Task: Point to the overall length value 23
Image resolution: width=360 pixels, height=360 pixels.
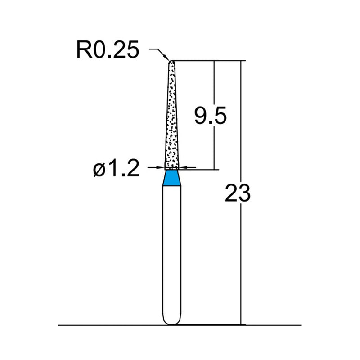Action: (x=237, y=194)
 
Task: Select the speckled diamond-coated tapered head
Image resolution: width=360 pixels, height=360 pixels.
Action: (x=171, y=117)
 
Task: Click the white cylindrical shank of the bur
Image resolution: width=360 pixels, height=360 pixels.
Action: (x=171, y=252)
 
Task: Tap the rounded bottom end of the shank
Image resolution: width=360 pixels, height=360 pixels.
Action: (x=171, y=320)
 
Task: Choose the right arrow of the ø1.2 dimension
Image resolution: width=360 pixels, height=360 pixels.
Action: (x=182, y=168)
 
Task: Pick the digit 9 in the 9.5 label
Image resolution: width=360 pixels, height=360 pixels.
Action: (x=201, y=117)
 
